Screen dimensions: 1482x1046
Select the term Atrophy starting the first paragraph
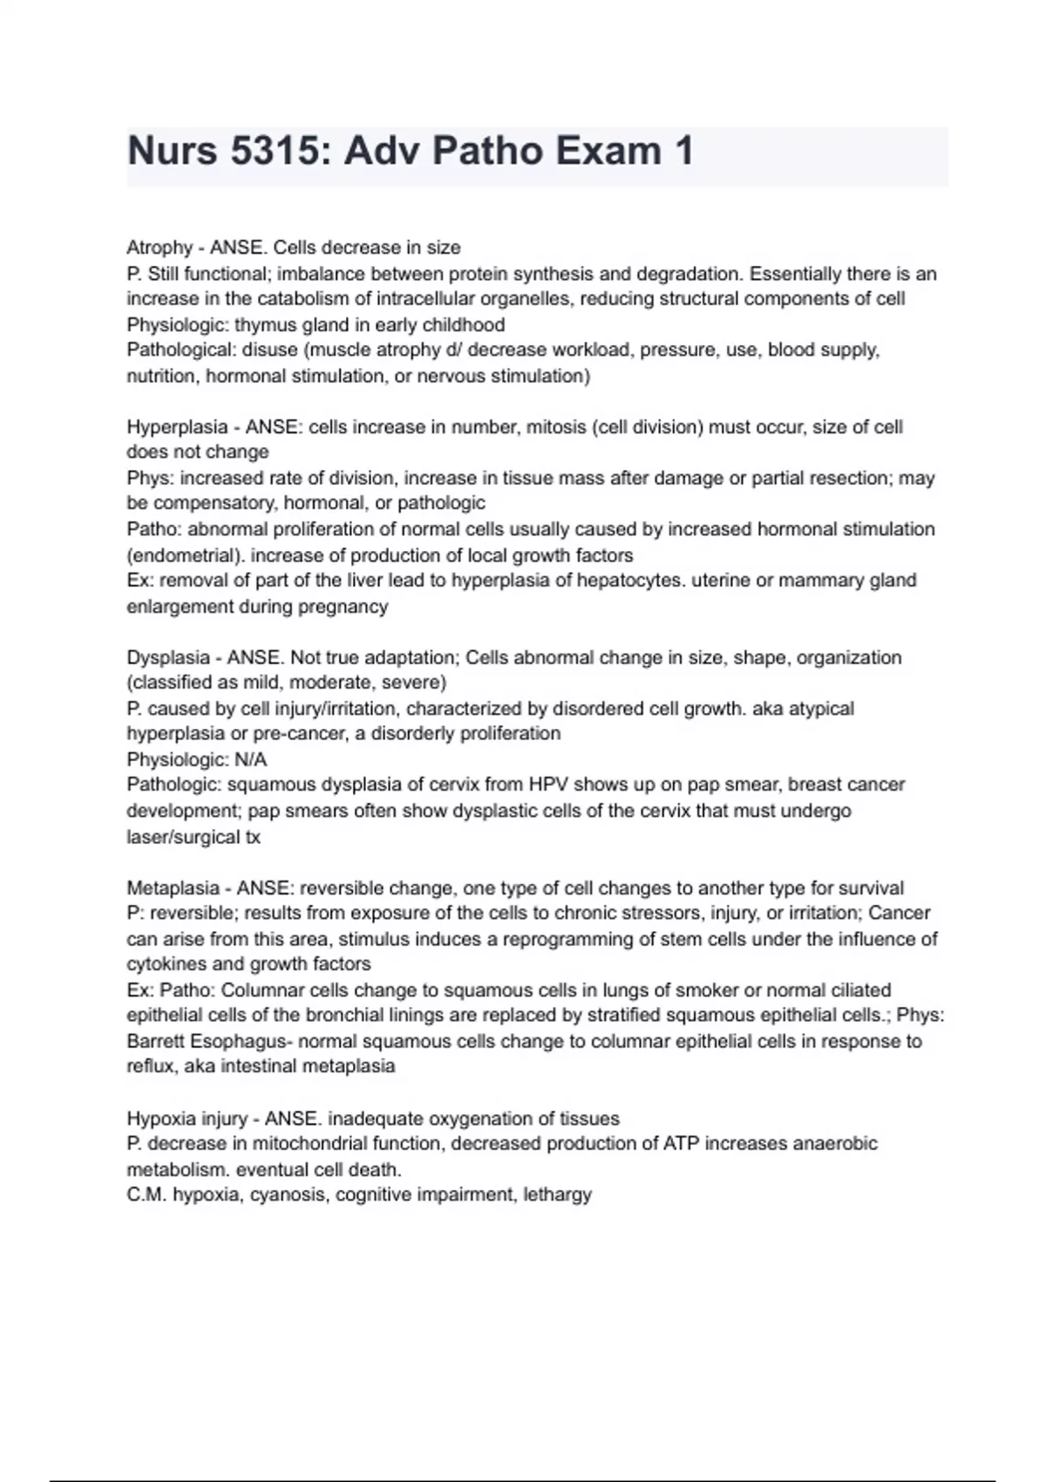(160, 248)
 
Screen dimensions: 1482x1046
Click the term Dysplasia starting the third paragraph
(167, 657)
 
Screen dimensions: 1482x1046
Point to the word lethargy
(557, 1194)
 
